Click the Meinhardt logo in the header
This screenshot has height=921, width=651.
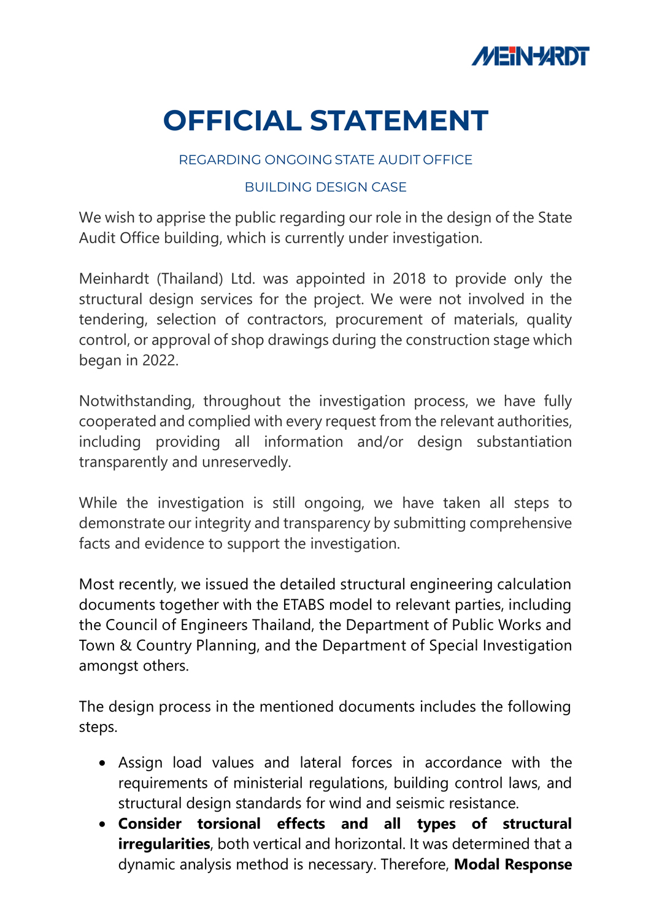click(530, 56)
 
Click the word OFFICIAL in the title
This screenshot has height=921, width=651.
click(232, 121)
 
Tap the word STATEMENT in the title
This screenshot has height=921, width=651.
click(399, 121)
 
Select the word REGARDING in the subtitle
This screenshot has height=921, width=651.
click(220, 160)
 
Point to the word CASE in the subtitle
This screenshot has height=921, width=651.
click(388, 187)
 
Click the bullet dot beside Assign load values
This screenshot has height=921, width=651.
click(102, 763)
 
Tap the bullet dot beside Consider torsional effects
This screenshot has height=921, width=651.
click(102, 825)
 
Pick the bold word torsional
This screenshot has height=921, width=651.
click(229, 824)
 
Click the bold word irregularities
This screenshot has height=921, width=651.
click(164, 844)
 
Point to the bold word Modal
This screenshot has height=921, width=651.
click(477, 865)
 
